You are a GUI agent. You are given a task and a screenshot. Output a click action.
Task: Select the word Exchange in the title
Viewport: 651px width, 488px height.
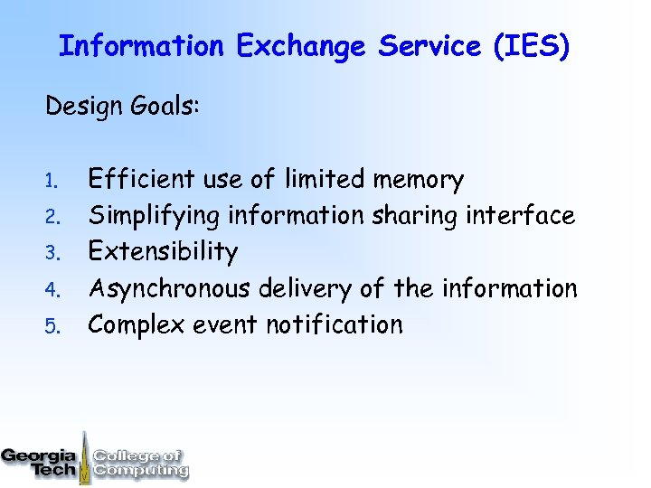[x=303, y=47]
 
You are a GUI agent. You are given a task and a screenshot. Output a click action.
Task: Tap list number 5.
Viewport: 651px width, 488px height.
[x=53, y=326]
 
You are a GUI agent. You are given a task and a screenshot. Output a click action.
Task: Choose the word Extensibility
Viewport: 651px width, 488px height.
[x=162, y=252]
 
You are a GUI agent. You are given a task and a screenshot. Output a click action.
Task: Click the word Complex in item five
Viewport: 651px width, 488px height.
[x=137, y=325]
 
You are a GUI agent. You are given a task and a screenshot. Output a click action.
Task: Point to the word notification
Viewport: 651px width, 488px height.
[x=334, y=324]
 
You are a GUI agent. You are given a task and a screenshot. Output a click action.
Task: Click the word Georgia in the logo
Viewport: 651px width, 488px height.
[x=37, y=455]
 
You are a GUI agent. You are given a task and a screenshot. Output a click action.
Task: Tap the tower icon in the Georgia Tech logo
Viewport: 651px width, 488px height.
[x=84, y=456]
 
